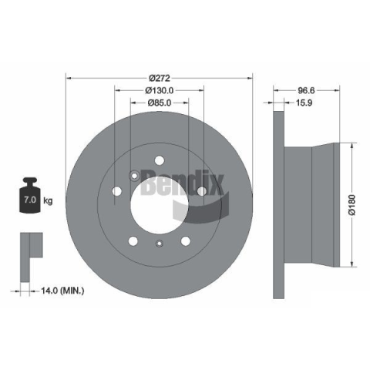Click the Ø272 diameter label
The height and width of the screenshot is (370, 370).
160,78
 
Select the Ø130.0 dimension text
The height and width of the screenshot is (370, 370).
160,90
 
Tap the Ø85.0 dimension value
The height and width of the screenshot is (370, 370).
160,103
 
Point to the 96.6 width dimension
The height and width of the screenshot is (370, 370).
306,90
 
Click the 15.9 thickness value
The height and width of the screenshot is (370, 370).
304,103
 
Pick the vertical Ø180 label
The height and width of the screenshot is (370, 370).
352,205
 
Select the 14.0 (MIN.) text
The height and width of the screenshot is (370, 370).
62,291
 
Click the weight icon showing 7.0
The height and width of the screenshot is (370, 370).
30,195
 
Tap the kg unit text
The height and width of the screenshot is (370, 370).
48,200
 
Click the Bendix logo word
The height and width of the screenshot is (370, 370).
182,183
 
